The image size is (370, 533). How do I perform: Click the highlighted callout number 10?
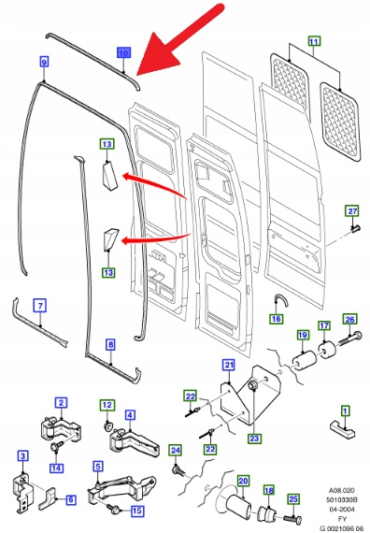click(x=123, y=53)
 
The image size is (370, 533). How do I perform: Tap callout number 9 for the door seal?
click(x=44, y=62)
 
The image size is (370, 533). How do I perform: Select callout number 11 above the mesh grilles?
click(x=314, y=41)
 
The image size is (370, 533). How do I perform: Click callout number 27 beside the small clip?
click(x=352, y=211)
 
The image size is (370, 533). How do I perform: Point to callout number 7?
click(x=40, y=306)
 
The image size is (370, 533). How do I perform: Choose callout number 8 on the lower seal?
click(x=111, y=345)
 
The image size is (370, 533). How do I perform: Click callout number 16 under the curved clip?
click(x=277, y=319)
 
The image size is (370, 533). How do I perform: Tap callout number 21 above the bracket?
click(x=229, y=365)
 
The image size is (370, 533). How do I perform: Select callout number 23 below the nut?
click(x=254, y=439)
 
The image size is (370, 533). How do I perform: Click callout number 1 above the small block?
click(x=345, y=411)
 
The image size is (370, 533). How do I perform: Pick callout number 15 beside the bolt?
click(x=137, y=511)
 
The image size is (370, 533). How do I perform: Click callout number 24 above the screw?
click(x=176, y=451)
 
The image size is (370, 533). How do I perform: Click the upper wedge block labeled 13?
click(x=109, y=174)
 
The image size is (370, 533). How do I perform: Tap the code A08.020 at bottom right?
click(x=342, y=491)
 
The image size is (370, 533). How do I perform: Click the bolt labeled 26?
click(x=348, y=338)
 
